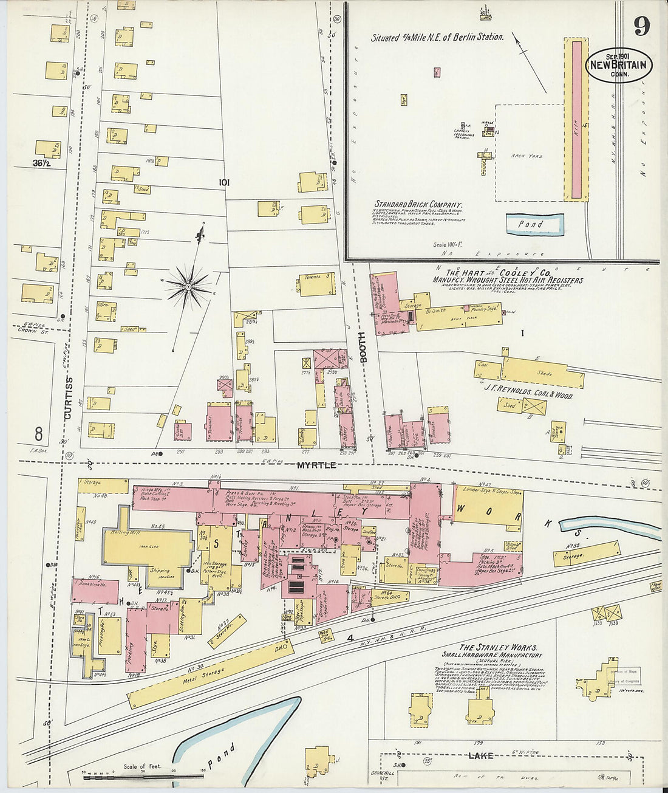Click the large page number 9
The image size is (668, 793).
pos(642,26)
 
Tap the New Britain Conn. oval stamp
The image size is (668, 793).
pos(619,66)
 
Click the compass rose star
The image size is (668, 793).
pos(188,285)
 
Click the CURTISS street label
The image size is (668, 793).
pos(69,398)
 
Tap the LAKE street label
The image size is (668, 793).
pos(480,756)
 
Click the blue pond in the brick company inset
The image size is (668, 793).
pos(534,224)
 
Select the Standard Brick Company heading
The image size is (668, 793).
pos(418,205)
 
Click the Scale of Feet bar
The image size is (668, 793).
pos(143,776)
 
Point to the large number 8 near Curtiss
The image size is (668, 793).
pos(38,434)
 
